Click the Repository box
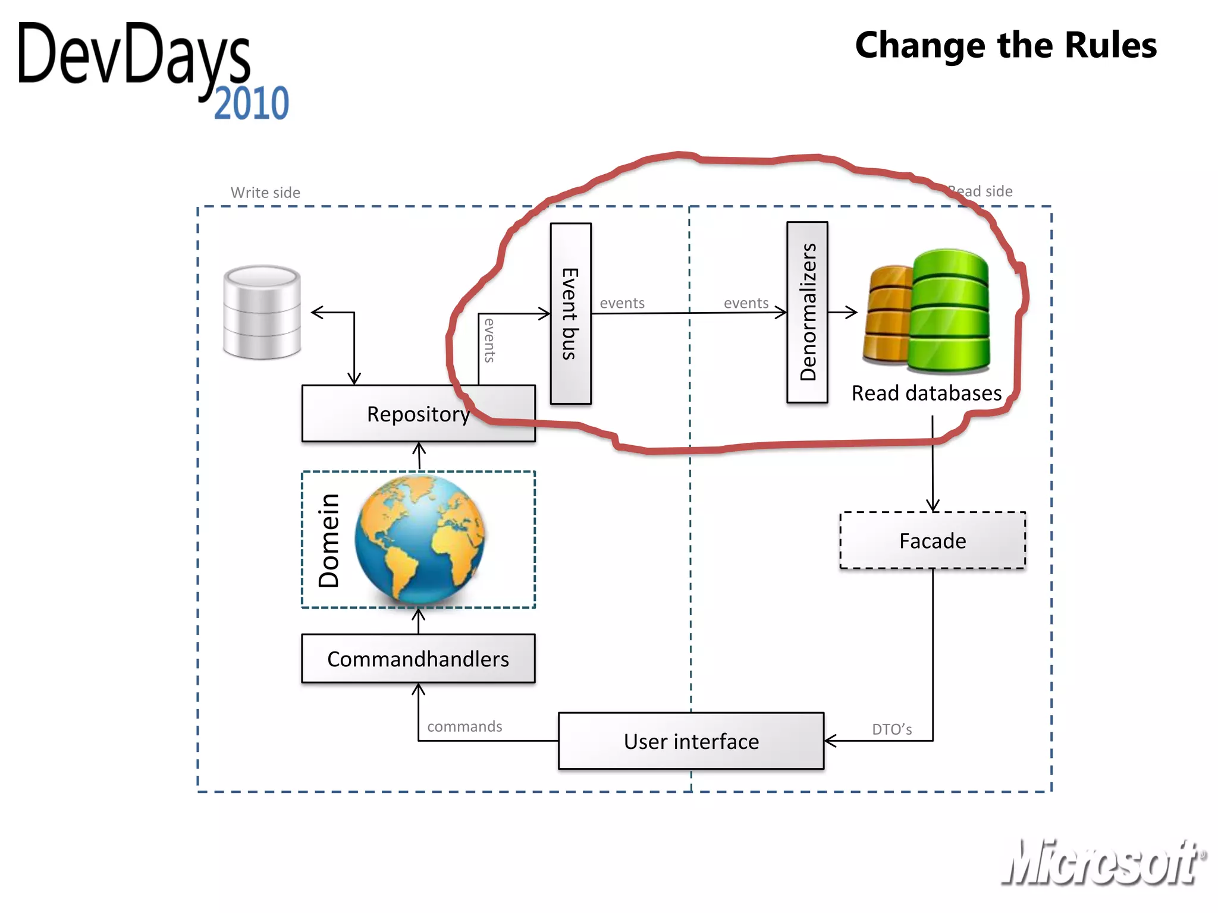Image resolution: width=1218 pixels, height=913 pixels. [418, 414]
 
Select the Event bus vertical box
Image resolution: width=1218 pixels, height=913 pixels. [570, 313]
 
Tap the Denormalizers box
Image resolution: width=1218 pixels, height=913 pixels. [807, 312]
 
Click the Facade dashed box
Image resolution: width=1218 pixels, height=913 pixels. [932, 540]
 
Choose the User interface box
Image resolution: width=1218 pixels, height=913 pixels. [691, 741]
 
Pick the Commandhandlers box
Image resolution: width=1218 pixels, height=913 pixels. [418, 659]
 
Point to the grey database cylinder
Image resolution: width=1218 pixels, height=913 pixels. [262, 312]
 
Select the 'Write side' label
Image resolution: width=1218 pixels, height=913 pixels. [265, 193]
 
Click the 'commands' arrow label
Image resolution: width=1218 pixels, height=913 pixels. [464, 726]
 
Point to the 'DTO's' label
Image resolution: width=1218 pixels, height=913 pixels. [891, 729]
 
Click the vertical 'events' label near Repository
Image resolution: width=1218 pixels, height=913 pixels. [489, 341]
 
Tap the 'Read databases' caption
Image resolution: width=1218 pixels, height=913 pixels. [926, 393]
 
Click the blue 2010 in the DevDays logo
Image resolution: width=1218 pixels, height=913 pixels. [252, 103]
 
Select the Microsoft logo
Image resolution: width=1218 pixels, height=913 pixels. [1103, 862]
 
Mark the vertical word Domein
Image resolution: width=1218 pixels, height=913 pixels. [329, 540]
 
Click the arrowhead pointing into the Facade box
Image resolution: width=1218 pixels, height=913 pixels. [933, 506]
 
